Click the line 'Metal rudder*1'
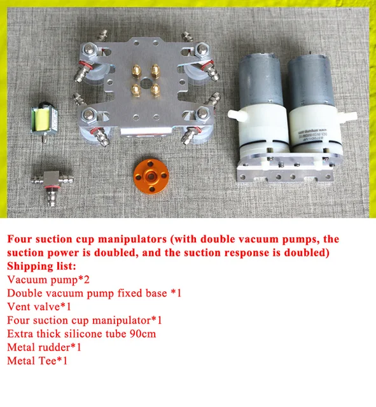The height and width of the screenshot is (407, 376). tap(45, 347)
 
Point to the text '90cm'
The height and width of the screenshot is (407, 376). tap(143, 333)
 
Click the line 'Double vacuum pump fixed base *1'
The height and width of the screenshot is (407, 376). tap(95, 293)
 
